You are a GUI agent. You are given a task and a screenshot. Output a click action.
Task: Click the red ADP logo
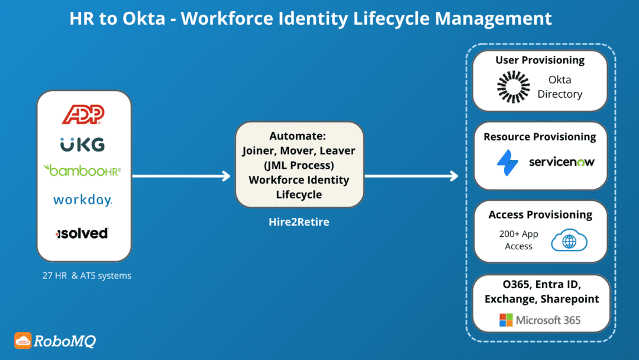[83, 114]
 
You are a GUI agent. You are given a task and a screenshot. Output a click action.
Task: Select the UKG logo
[82, 144]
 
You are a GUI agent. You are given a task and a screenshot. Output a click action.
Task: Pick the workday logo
[82, 200]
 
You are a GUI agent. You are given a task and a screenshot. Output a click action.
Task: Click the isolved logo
[82, 233]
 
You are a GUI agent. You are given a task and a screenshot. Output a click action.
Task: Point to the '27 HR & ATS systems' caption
[83, 275]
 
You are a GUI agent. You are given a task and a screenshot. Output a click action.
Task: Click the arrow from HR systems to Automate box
[180, 176]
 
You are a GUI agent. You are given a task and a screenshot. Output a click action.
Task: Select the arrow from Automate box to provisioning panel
[412, 176]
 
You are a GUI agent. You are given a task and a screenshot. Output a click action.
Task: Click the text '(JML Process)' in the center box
[299, 165]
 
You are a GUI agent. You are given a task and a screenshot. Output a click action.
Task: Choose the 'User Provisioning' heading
[540, 60]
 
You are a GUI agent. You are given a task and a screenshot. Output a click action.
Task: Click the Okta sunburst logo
[512, 86]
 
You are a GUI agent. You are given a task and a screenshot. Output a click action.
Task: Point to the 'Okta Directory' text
[560, 86]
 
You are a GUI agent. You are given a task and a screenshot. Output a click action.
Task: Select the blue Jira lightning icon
[508, 162]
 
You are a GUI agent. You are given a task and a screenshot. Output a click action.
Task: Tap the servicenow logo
[561, 162]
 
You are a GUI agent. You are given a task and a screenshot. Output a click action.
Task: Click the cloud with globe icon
[569, 240]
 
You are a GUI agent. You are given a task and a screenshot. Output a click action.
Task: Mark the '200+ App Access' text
[518, 240]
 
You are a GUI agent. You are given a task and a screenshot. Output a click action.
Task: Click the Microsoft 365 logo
[540, 320]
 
